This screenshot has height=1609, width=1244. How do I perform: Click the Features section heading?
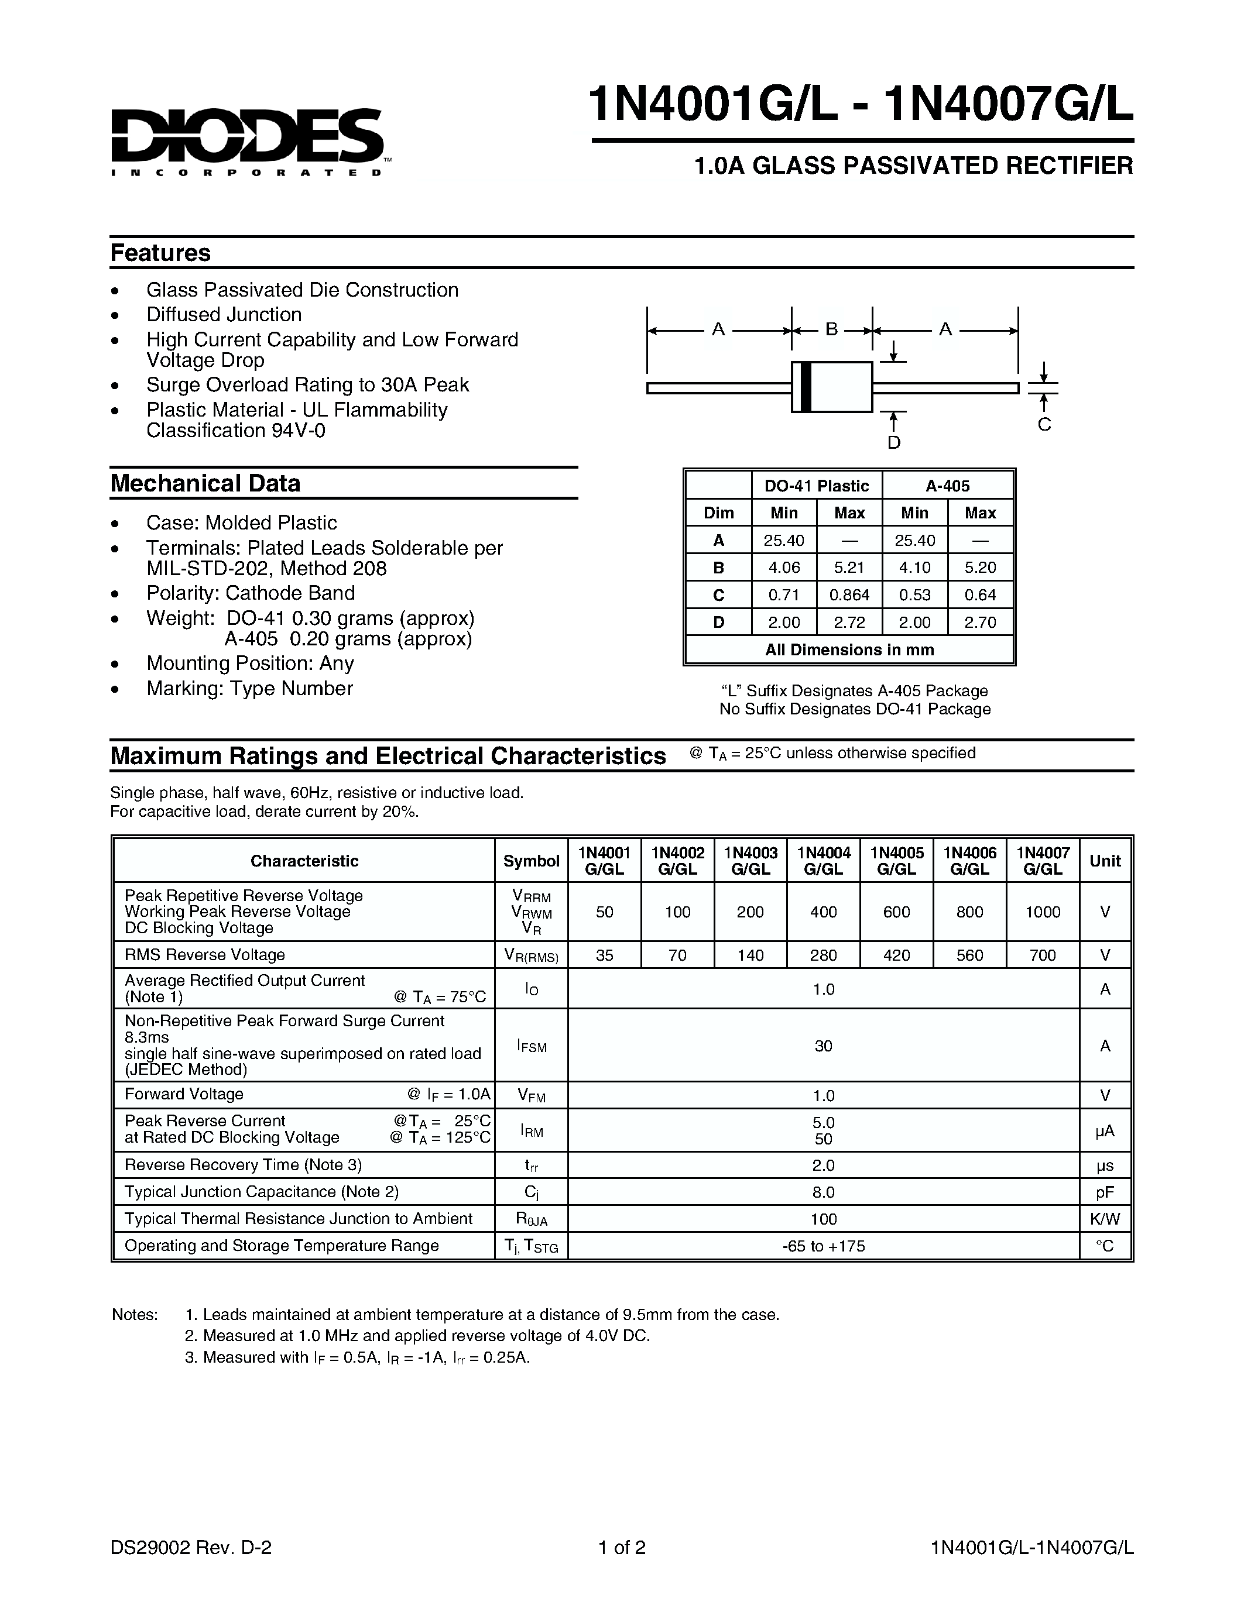point(160,253)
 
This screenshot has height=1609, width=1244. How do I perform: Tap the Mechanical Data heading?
point(205,483)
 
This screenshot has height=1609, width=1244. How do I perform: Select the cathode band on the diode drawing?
point(806,387)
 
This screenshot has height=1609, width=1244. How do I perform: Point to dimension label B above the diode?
point(831,329)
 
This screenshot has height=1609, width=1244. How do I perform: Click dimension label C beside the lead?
point(1044,424)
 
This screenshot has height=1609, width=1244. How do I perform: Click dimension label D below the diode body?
point(893,442)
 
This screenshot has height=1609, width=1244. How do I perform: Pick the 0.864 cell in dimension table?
point(849,594)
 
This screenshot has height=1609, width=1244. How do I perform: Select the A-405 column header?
point(947,486)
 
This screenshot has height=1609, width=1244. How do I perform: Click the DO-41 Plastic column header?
point(817,486)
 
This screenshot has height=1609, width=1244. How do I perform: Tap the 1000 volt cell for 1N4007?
point(1042,912)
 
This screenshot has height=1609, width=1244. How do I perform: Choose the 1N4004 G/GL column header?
point(823,861)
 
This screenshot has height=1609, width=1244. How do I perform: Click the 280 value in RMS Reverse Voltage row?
point(823,955)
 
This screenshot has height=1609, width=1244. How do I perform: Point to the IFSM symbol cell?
point(532,1046)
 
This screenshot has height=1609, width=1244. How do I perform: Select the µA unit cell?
point(1104,1130)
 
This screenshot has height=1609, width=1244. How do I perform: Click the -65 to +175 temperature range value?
point(823,1246)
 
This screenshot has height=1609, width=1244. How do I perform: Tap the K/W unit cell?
point(1104,1219)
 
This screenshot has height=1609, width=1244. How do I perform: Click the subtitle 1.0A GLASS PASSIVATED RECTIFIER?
point(913,166)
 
